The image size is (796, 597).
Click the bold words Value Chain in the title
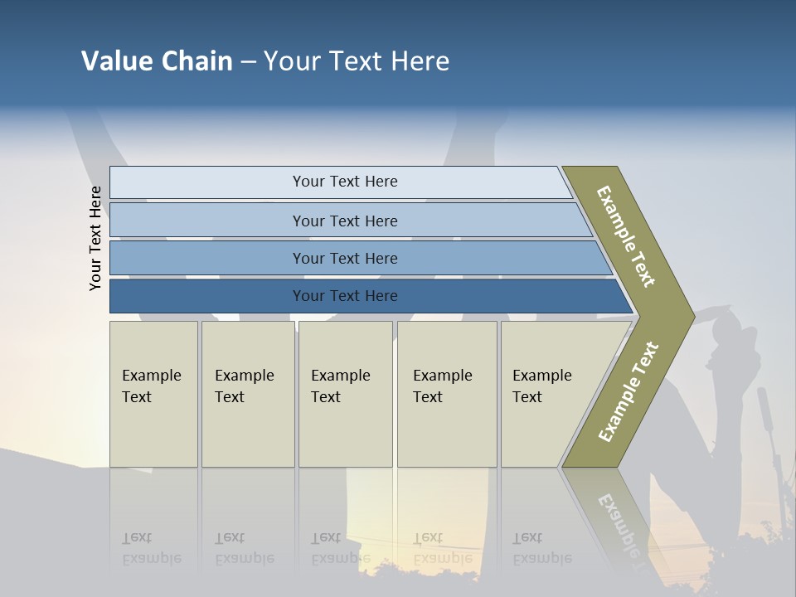[x=157, y=61]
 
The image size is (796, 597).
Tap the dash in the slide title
[x=248, y=62]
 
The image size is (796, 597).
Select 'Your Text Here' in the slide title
[x=357, y=61]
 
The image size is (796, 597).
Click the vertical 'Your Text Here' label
[x=95, y=239]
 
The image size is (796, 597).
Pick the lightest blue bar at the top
[x=344, y=182]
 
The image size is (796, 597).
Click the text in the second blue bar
[x=344, y=221]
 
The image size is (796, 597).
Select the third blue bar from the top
[x=344, y=258]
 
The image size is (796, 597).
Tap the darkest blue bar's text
[x=344, y=296]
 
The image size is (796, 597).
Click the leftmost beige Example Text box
[x=153, y=393]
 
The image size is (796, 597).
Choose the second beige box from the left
[x=247, y=393]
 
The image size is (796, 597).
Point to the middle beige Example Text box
[x=344, y=393]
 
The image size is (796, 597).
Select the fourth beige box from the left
[x=446, y=393]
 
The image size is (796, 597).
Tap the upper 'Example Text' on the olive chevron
[x=626, y=236]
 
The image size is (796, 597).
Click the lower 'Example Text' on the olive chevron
[x=628, y=391]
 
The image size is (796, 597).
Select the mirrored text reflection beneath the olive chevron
[x=618, y=522]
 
